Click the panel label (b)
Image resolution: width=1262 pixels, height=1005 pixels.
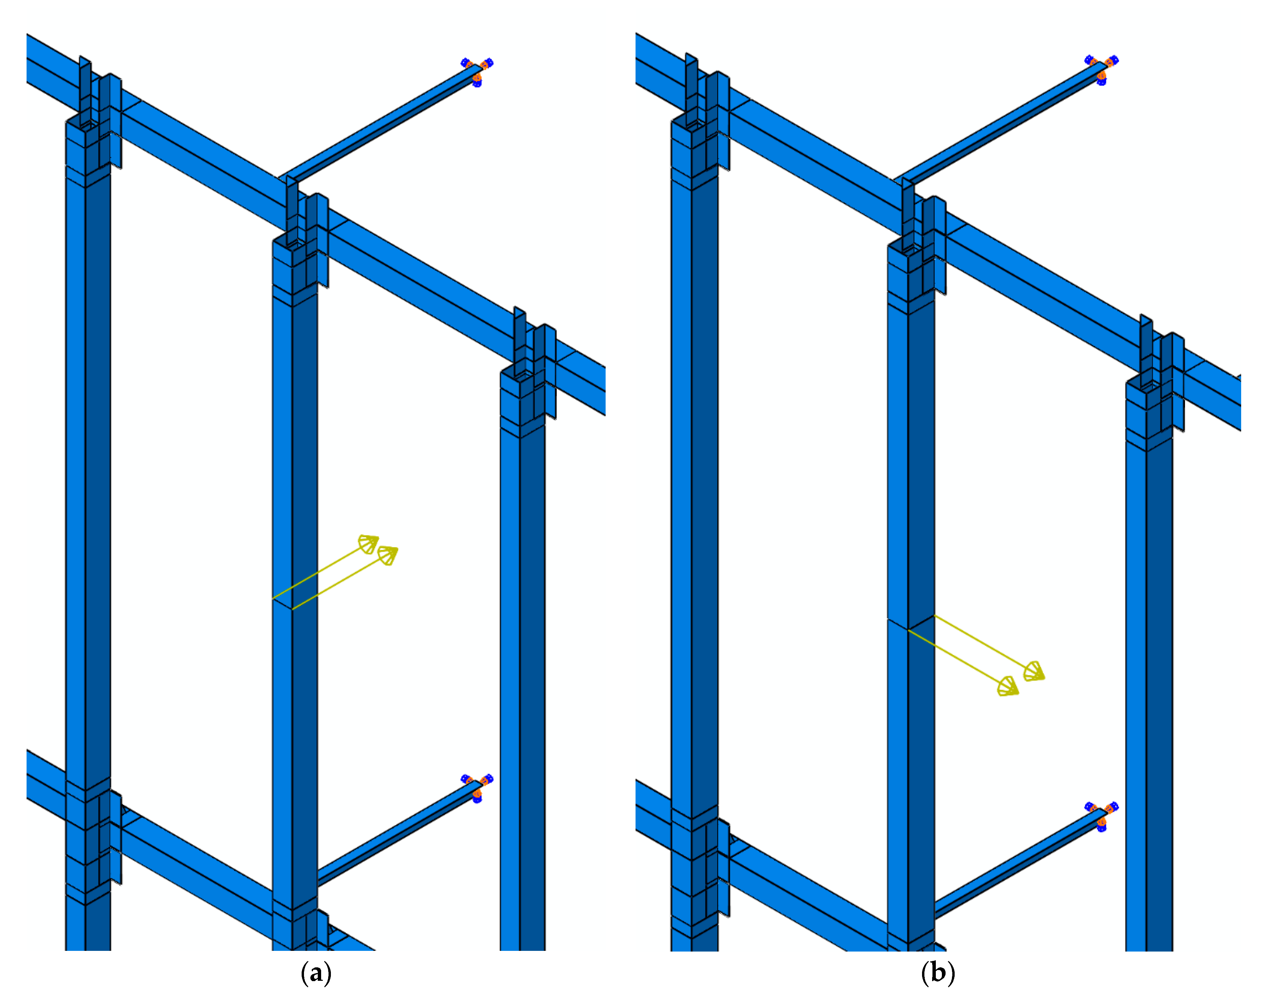pos(938,972)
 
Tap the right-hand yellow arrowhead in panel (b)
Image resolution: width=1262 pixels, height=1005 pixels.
pos(1034,671)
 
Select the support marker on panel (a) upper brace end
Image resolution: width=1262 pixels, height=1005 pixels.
pos(477,71)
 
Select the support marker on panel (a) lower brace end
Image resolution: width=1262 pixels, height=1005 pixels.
pos(477,787)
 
